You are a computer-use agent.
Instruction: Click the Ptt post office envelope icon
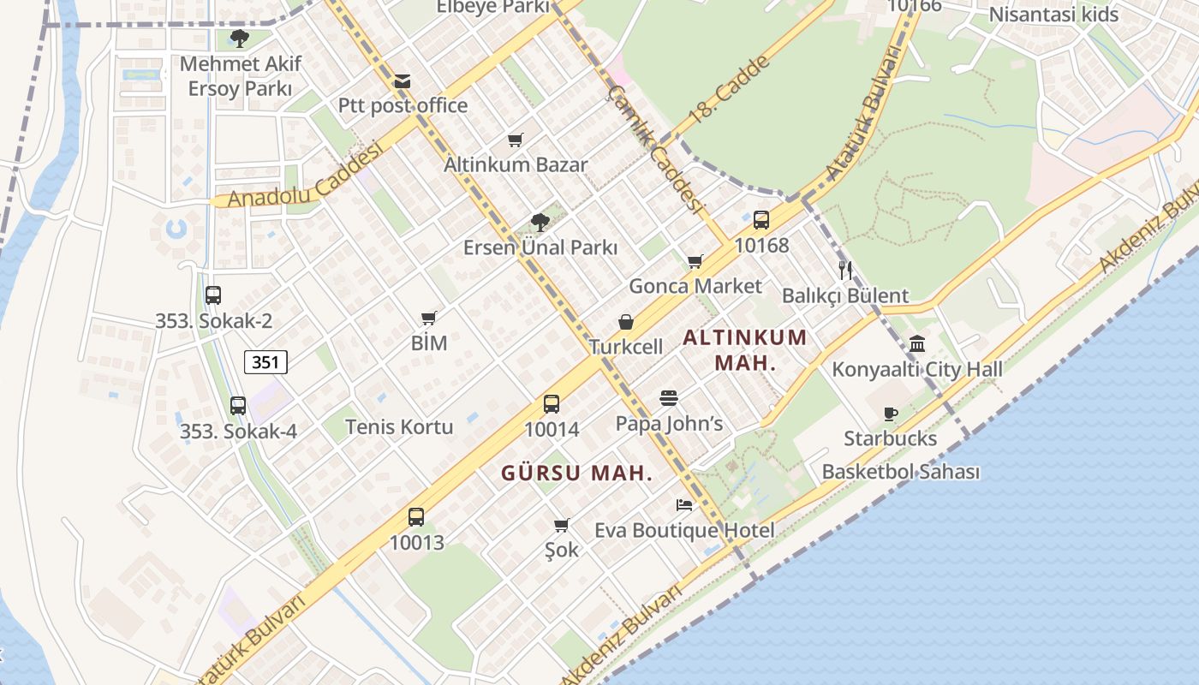click(x=403, y=82)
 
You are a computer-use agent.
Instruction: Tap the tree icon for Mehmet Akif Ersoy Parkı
click(x=239, y=38)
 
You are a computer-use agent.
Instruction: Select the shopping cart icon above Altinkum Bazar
click(x=515, y=140)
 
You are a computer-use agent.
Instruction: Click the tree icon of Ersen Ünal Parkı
click(x=540, y=223)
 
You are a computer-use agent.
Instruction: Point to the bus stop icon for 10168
click(x=761, y=220)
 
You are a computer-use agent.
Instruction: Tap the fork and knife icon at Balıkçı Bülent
click(x=845, y=271)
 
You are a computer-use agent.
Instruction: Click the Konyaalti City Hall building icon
click(x=917, y=344)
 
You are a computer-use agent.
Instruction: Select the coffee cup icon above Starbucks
click(x=891, y=414)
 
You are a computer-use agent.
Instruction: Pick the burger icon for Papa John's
click(x=669, y=398)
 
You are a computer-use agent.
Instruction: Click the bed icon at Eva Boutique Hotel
click(x=683, y=505)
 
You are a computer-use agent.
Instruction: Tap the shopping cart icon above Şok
click(x=561, y=525)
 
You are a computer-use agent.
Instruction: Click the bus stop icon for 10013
click(x=416, y=517)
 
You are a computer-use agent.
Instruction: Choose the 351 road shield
click(x=265, y=362)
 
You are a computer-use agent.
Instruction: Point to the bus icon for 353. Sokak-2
click(x=213, y=295)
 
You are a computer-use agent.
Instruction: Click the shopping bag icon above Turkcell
click(x=626, y=322)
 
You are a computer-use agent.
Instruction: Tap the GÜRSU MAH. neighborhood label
click(x=576, y=473)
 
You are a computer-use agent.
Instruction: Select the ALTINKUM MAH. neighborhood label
click(x=745, y=349)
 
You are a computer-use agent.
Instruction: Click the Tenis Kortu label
click(x=399, y=426)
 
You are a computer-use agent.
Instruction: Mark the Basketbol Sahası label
click(x=901, y=472)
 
